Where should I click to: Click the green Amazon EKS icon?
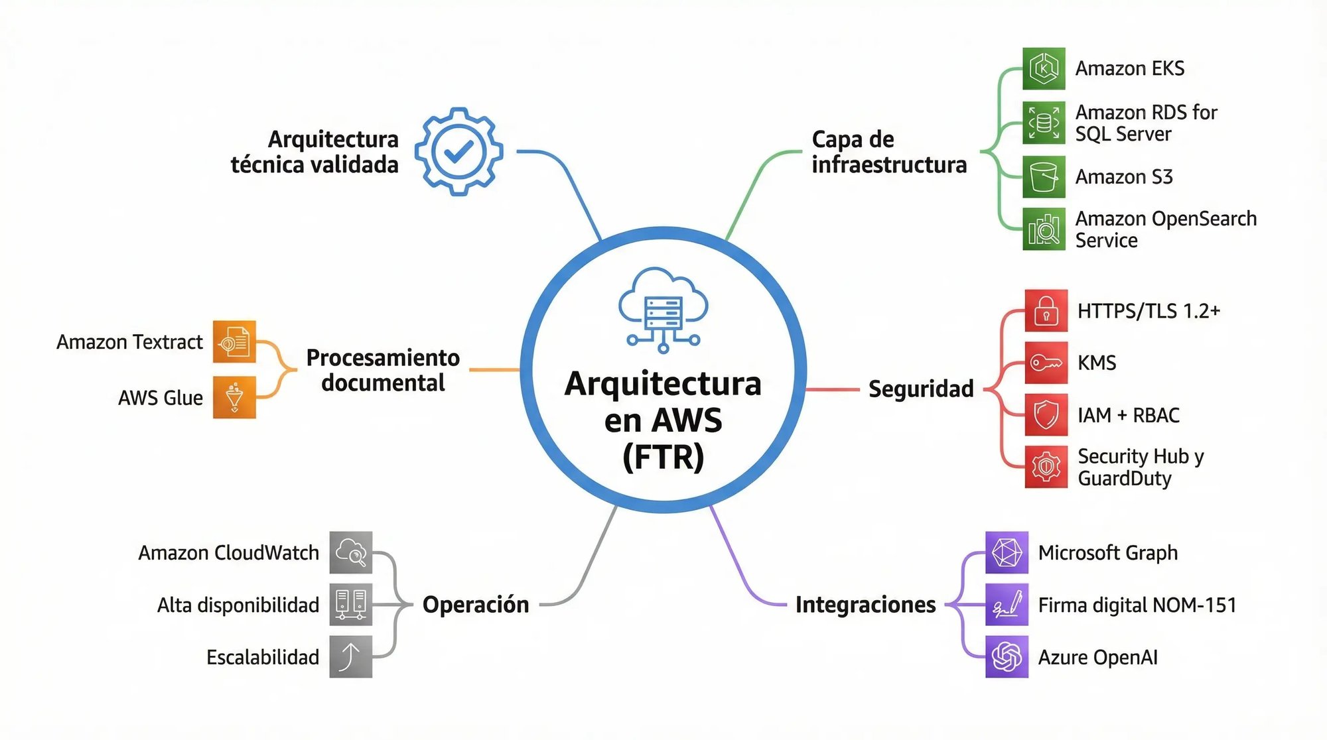tap(1044, 68)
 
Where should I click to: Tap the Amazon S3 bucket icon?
tap(1044, 177)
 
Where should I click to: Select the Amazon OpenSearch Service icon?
tap(1044, 229)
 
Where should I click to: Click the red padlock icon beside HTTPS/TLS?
tap(1046, 310)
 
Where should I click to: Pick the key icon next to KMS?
tap(1046, 363)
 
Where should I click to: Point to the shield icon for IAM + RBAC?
tap(1046, 415)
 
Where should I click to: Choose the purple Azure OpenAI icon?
tap(1007, 657)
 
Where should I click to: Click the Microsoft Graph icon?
tap(1007, 552)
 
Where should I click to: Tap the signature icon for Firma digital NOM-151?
tap(1007, 605)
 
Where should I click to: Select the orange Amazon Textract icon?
tap(234, 342)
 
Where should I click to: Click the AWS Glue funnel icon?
tap(234, 397)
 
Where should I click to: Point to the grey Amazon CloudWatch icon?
tap(351, 552)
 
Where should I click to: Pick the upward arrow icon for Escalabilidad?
tap(351, 656)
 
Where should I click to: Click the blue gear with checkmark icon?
tap(458, 152)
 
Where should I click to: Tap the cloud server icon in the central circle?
tap(663, 309)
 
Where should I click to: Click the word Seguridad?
tap(921, 389)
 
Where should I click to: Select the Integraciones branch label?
tap(865, 605)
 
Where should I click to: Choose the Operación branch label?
tap(476, 605)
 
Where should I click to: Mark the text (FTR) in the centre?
tap(663, 458)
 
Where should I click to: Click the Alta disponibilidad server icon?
tap(351, 605)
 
